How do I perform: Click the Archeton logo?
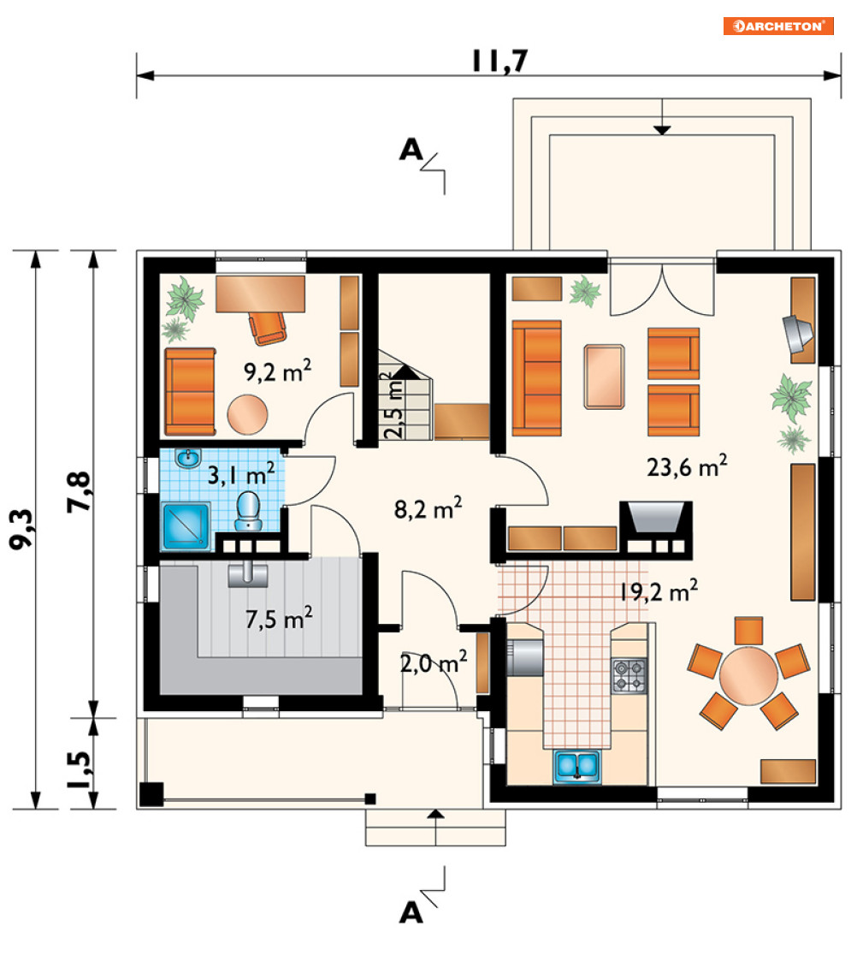point(777,26)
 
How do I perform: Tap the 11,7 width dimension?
point(500,61)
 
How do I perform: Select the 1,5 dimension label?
point(80,769)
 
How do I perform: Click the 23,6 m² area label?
point(687,466)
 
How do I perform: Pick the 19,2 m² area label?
point(658,590)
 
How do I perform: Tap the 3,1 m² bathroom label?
point(240,475)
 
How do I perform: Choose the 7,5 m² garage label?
point(279,619)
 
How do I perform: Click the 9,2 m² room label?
point(277,371)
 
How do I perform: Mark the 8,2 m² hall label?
point(428,509)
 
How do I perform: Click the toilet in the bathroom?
point(249,511)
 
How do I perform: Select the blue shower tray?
point(186,527)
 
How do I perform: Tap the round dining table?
point(748,676)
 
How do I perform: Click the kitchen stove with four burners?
point(629,676)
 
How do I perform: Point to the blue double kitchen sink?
point(576,766)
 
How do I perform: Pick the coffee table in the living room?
point(604,377)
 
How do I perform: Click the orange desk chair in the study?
point(268,328)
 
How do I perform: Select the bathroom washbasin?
point(187,459)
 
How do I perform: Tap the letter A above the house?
point(411,150)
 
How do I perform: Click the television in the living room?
point(796,332)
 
